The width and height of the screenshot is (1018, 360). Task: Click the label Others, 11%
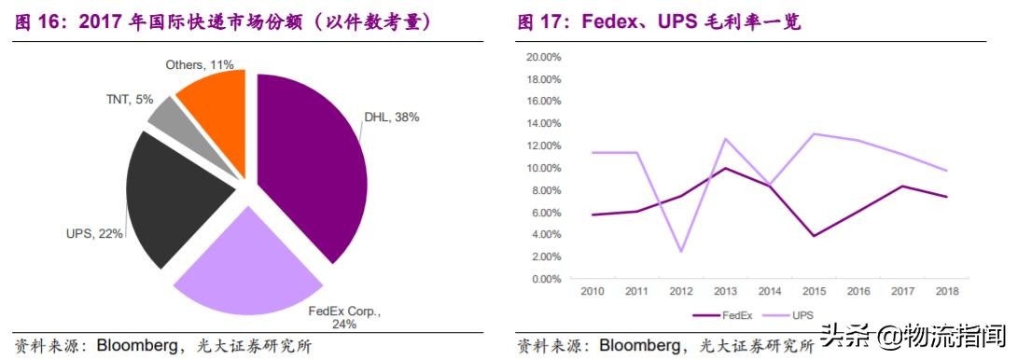pos(199,64)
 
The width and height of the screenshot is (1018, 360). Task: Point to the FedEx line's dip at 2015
pos(815,236)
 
